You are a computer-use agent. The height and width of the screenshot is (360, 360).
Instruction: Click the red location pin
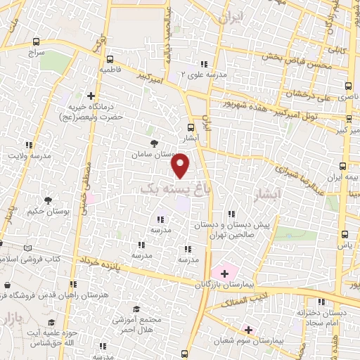click(181, 166)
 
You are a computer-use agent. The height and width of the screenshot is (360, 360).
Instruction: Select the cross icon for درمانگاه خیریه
click(91, 96)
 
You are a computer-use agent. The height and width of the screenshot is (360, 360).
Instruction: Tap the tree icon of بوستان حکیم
click(48, 200)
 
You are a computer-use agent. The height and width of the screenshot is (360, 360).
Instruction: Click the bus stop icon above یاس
click(344, 235)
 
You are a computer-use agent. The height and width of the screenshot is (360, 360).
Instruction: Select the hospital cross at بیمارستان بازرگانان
click(224, 272)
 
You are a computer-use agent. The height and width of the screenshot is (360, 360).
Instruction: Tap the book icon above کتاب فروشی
click(27, 247)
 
